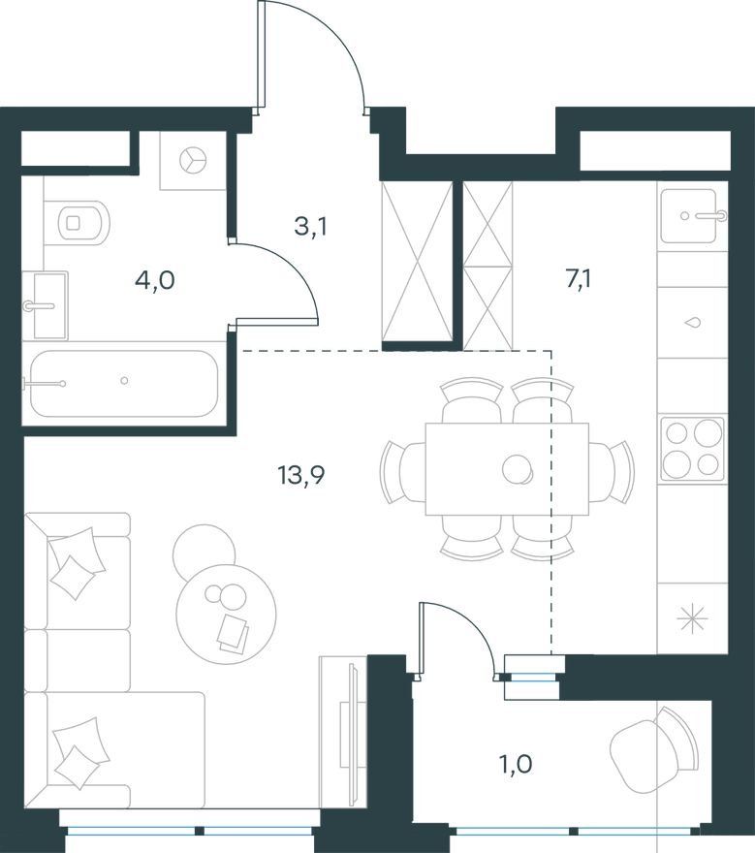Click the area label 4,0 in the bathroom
155,281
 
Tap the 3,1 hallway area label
310,226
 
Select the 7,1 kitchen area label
579,279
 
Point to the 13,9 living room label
301,476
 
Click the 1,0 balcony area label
516,765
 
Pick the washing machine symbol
193,161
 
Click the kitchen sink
692,216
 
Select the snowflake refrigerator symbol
692,619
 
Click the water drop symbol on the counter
692,323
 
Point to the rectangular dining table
507,469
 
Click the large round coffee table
226,614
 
